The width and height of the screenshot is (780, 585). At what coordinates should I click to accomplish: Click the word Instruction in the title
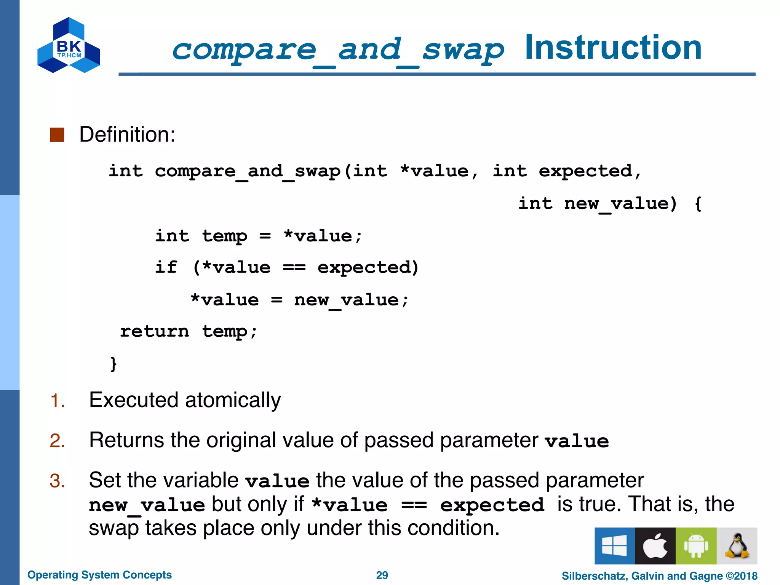tap(613, 48)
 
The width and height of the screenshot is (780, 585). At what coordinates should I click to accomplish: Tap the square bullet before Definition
tap(57, 134)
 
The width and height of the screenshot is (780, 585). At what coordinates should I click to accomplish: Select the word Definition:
tap(127, 134)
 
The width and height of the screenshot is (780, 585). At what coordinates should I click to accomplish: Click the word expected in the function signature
tap(585, 171)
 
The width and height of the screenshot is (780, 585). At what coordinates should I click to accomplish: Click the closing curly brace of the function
tap(113, 364)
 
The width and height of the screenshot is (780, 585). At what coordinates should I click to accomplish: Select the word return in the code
tap(154, 331)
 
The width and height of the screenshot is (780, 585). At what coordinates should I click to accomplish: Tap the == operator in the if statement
tap(294, 267)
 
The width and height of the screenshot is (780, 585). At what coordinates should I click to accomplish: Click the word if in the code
tap(166, 267)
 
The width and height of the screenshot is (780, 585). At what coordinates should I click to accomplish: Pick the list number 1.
tap(58, 401)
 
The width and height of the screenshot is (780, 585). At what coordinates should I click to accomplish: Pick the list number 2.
tap(58, 441)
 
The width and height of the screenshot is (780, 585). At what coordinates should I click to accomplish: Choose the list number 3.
tap(58, 481)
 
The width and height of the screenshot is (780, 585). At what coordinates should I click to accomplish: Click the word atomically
tap(233, 400)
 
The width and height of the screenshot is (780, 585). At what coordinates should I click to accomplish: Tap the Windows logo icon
tap(614, 546)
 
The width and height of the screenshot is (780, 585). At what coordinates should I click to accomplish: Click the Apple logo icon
tap(655, 546)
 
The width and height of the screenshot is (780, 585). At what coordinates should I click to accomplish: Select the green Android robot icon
tap(696, 546)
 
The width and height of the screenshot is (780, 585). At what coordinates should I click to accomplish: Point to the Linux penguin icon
tap(737, 546)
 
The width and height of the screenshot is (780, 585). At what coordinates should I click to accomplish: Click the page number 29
tap(382, 575)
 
